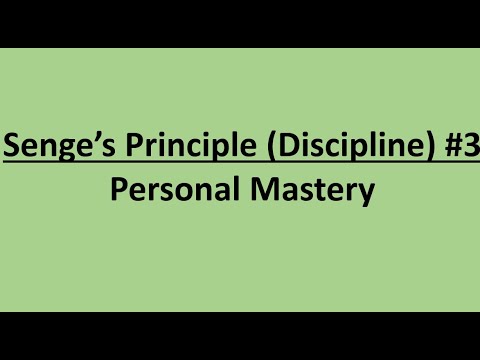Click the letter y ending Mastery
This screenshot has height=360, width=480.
364,193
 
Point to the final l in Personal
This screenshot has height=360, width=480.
221,190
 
